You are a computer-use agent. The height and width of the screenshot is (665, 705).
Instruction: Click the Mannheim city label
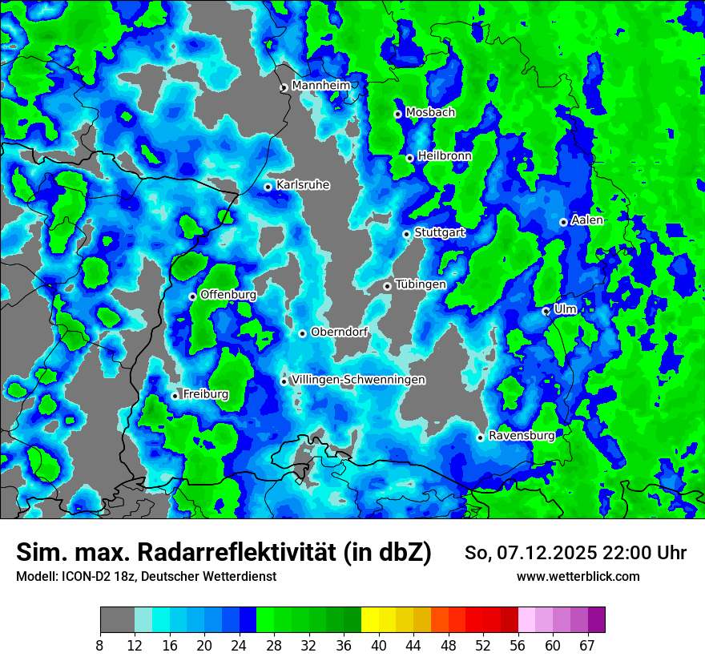point(320,86)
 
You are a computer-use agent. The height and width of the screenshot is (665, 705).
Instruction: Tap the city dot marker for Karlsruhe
point(268,187)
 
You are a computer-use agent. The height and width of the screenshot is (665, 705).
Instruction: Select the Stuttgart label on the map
point(439,232)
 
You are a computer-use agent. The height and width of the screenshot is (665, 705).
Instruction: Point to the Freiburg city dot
point(175,396)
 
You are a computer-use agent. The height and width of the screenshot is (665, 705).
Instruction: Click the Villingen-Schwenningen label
point(358,380)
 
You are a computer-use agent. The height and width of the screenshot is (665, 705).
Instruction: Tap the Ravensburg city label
point(521,436)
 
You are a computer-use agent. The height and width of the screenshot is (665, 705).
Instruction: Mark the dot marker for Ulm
point(546,311)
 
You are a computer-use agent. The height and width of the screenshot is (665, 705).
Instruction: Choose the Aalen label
point(586,220)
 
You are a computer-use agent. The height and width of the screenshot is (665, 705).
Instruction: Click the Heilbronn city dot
point(409,158)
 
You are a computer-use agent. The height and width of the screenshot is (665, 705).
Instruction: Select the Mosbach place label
point(429,113)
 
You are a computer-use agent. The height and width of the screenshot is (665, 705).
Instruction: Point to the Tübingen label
point(421,284)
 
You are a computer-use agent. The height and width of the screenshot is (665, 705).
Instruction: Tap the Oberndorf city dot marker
point(302,333)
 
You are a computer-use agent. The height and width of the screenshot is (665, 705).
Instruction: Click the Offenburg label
point(228,295)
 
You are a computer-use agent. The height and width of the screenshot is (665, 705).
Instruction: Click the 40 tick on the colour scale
point(379,646)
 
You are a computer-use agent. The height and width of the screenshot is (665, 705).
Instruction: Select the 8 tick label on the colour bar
point(100,646)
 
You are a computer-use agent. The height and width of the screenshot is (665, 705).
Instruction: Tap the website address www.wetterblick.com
point(578,577)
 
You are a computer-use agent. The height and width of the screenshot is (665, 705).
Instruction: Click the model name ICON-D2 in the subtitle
point(80,577)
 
